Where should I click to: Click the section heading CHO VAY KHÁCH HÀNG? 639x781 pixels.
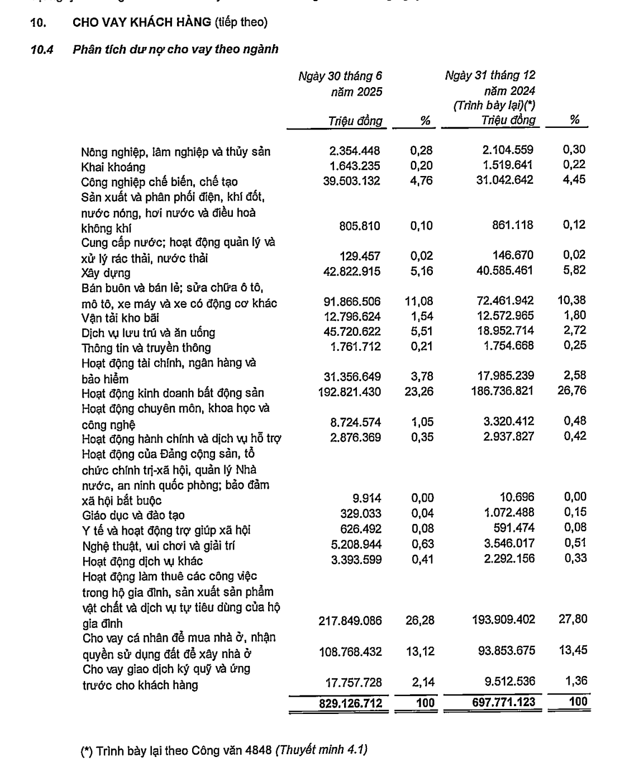(142, 23)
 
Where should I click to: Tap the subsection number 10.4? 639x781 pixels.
(42, 49)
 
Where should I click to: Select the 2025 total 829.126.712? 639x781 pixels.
(350, 703)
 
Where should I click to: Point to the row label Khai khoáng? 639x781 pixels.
(113, 167)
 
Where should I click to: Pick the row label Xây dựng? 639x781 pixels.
(106, 273)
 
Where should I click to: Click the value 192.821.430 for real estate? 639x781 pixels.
(350, 392)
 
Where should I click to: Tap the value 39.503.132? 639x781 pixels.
(351, 181)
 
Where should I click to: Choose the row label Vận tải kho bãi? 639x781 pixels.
(120, 318)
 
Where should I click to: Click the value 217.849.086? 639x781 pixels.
(350, 620)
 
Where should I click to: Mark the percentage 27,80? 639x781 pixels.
(573, 619)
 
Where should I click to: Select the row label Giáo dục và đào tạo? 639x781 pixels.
(133, 515)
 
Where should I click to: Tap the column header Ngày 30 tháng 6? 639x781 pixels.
(340, 76)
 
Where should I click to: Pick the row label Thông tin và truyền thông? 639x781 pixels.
(146, 347)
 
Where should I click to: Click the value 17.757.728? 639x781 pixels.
(354, 682)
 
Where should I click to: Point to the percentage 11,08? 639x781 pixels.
(419, 302)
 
